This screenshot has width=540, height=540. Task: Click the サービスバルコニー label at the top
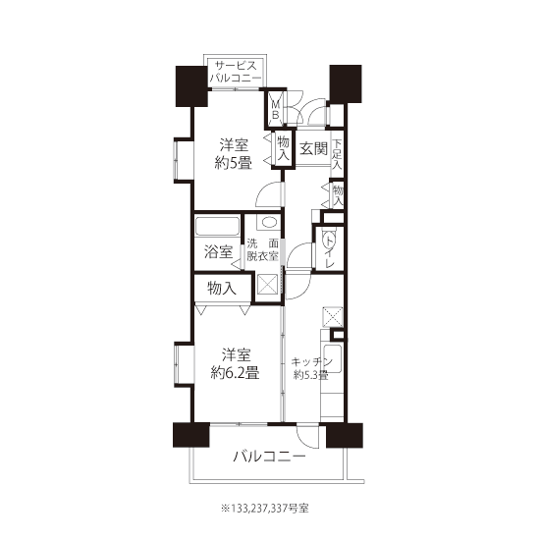tap(236, 72)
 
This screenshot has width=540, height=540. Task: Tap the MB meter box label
tap(276, 110)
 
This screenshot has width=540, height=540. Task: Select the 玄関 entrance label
tap(313, 148)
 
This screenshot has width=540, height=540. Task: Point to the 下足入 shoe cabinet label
tap(337, 154)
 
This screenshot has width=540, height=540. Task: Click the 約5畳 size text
tap(233, 163)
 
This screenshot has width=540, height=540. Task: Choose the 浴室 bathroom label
tap(218, 251)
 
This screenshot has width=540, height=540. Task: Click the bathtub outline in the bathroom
tap(217, 226)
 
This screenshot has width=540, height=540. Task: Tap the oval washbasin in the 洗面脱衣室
tap(269, 222)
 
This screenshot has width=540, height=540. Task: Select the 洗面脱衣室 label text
tap(263, 250)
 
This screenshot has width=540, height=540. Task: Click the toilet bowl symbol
tap(329, 239)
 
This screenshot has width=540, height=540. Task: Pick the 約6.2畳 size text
tap(235, 373)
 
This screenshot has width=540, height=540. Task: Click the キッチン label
tap(311, 362)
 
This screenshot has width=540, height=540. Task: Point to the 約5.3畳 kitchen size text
tap(310, 375)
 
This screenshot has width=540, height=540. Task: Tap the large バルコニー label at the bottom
tap(270, 457)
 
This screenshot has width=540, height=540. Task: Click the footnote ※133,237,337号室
tap(264, 508)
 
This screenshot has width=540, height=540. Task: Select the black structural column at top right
tap(346, 83)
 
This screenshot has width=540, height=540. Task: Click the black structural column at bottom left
tap(191, 435)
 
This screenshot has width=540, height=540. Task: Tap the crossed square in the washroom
tap(267, 284)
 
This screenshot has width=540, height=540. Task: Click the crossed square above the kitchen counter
tap(332, 317)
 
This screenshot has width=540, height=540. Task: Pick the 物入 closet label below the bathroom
tap(222, 288)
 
